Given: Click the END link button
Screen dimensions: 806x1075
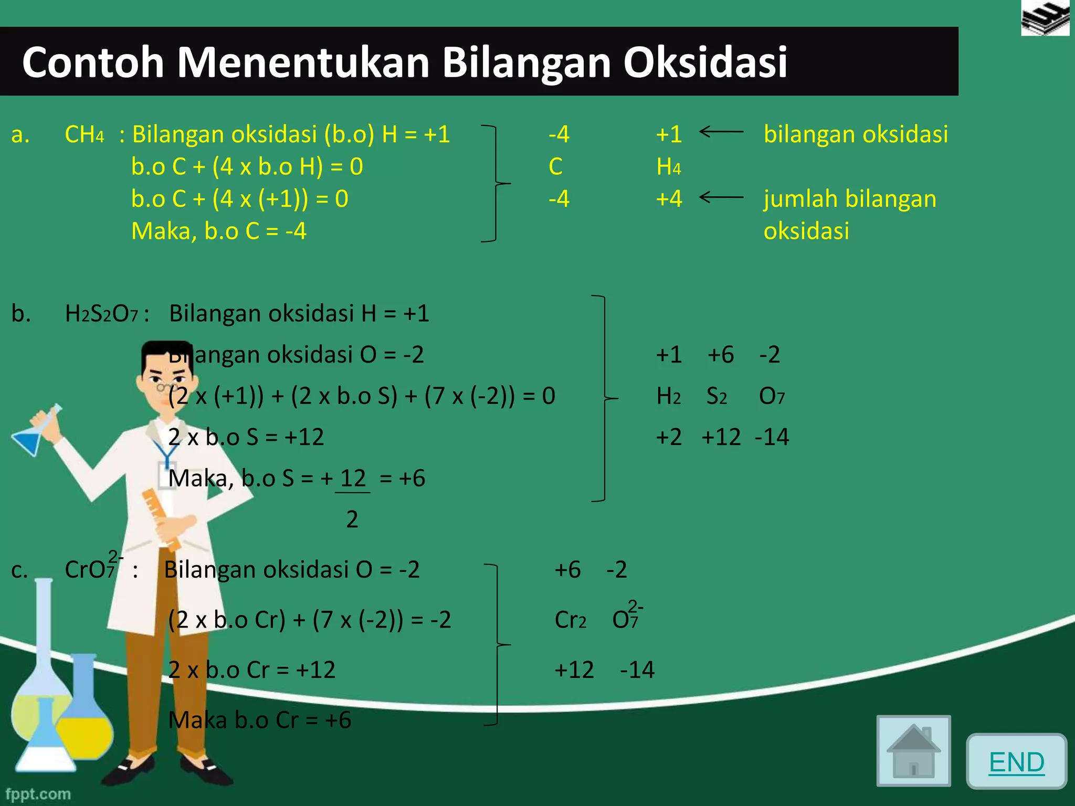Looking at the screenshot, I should (1016, 762).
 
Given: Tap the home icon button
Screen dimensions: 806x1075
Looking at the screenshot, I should (913, 751).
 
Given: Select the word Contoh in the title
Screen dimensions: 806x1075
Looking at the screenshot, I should (93, 62).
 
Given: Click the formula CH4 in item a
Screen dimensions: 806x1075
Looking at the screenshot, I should (84, 135).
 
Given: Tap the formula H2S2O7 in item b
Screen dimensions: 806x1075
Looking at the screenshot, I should (101, 314).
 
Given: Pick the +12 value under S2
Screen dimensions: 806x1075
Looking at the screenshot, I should (721, 437).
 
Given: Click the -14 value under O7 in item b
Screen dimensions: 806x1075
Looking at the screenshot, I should (772, 437).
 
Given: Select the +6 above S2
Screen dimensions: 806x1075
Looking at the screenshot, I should (720, 355).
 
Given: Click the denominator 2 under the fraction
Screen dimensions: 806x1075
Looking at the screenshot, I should (352, 519).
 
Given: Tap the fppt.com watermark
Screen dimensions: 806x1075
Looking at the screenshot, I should (38, 793).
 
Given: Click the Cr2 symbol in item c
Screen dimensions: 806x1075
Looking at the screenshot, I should (570, 620).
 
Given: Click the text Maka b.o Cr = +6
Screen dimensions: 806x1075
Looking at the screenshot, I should (259, 720).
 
